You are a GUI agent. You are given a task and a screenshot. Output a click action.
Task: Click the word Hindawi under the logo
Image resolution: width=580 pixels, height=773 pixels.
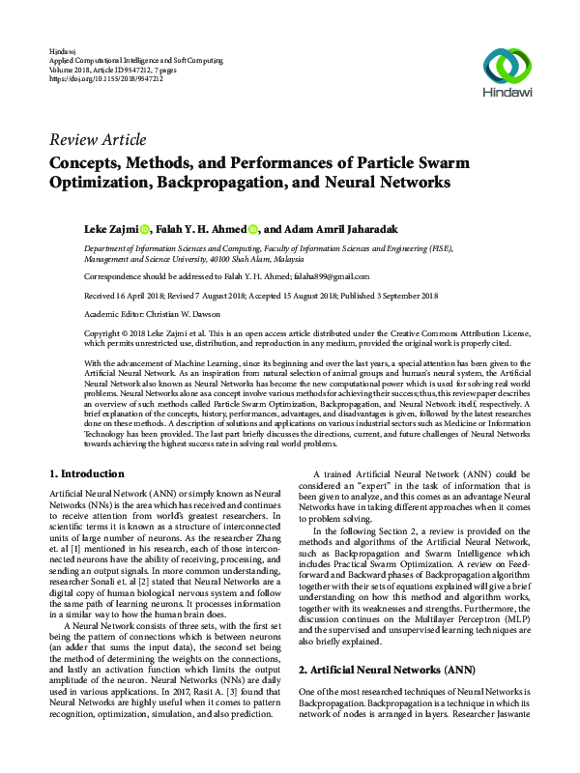pos(507,94)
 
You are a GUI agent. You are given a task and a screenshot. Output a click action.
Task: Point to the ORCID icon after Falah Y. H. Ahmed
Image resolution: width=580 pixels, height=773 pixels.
pos(253,230)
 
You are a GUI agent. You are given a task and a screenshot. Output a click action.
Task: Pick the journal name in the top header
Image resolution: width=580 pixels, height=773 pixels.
pos(138,58)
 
